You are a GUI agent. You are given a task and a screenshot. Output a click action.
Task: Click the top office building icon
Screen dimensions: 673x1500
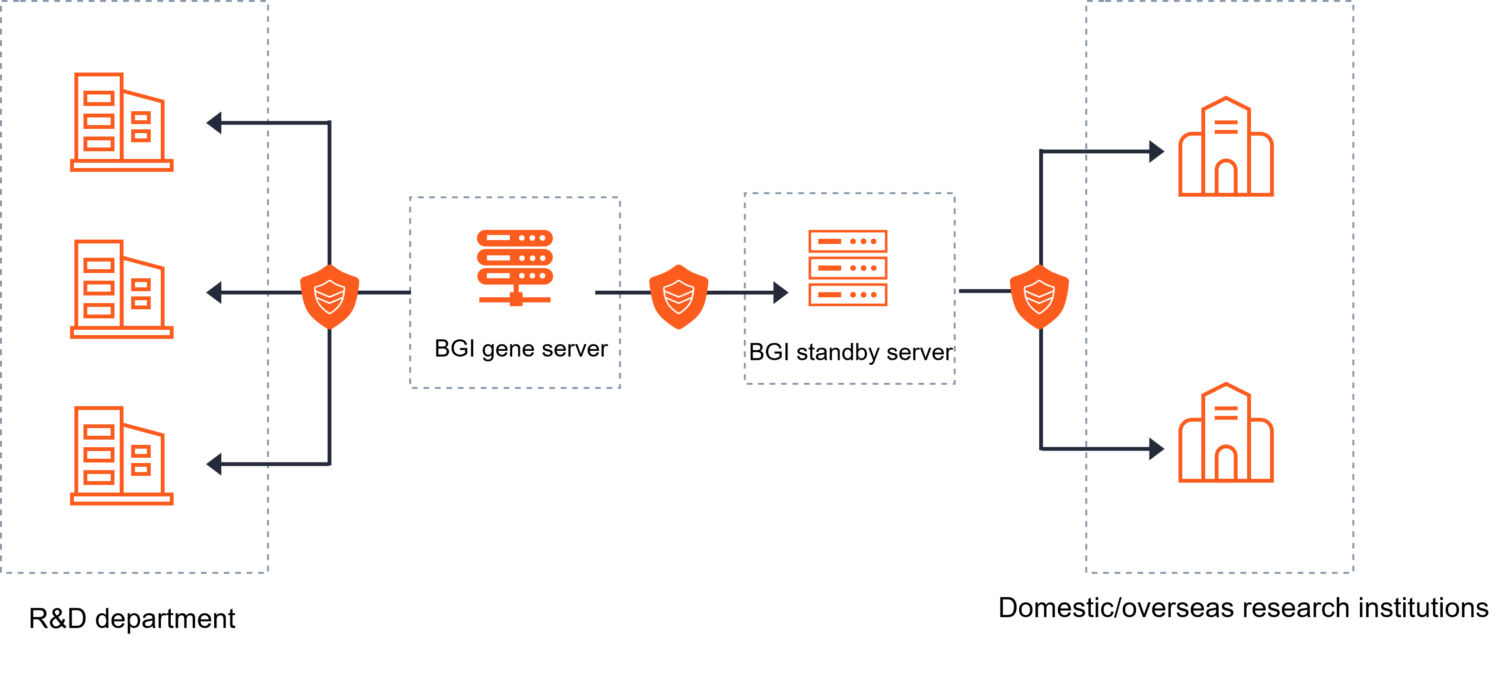click(121, 122)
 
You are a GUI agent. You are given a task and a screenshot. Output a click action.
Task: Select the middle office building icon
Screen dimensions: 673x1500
click(121, 289)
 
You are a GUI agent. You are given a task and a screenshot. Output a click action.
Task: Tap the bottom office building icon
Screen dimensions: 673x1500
click(121, 456)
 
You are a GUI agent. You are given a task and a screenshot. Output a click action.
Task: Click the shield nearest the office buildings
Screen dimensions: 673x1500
click(330, 296)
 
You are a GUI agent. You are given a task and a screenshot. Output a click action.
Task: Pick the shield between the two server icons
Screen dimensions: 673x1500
click(678, 296)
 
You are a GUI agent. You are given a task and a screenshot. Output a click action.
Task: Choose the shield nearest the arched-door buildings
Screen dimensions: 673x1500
click(1039, 296)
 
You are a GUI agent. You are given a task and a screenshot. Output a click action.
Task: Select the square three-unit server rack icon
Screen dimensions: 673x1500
click(847, 268)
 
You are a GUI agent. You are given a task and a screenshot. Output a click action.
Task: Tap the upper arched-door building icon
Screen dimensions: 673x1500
click(1226, 147)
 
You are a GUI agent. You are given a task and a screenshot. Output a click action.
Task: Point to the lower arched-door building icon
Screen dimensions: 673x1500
click(1226, 433)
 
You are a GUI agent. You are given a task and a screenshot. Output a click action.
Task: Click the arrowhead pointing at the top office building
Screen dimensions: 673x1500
click(214, 123)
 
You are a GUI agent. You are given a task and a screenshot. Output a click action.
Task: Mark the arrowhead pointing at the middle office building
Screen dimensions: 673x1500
click(214, 293)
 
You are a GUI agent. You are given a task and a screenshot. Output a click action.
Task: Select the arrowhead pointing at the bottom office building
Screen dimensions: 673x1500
click(214, 464)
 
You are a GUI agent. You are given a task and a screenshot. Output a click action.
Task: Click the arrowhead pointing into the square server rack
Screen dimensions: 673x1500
click(780, 293)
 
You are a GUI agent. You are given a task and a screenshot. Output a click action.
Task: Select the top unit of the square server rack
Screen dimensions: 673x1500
click(847, 241)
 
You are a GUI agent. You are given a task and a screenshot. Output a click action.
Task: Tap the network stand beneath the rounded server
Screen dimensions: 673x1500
click(515, 297)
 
